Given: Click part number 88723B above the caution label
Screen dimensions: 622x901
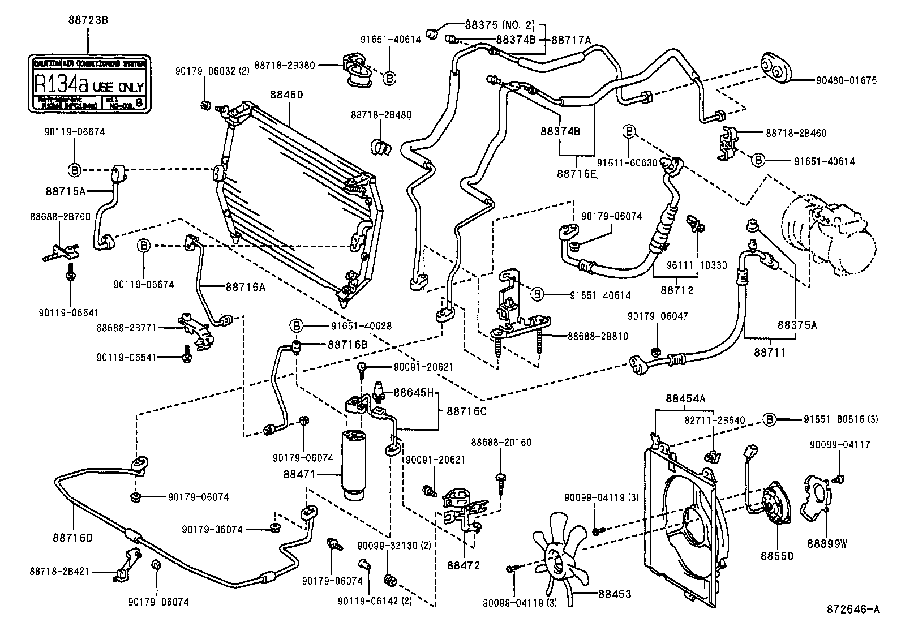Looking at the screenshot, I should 87,20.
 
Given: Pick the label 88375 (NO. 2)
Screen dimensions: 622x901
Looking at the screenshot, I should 499,25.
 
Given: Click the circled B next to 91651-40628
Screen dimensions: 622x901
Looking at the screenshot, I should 295,326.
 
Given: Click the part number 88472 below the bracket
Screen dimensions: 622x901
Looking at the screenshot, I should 463,565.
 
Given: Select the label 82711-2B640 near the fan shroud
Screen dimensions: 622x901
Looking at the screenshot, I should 715,420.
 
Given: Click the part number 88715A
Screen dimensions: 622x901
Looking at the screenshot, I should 66,191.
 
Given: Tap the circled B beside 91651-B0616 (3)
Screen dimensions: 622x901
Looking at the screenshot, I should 769,419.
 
